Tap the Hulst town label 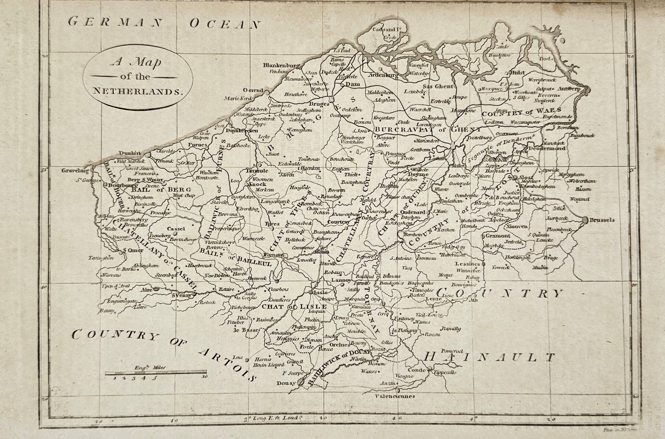click(x=516, y=72)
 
